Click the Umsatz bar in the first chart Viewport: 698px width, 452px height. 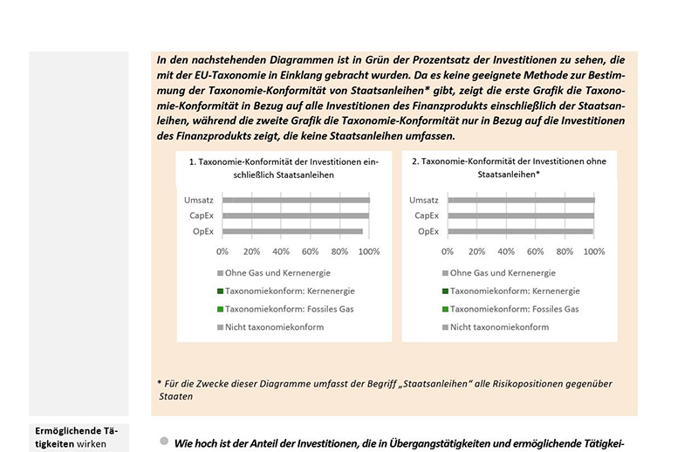tap(296, 201)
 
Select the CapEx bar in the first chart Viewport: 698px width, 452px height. tap(296, 216)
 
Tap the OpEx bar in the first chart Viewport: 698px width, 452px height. tap(292, 231)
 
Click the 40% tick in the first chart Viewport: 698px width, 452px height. tap(281, 251)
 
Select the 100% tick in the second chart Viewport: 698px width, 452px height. tap(594, 251)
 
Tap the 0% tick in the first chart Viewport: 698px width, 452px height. tap(222, 251)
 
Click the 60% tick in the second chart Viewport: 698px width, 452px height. tap(536, 251)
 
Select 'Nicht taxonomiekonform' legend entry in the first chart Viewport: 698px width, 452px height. tap(274, 327)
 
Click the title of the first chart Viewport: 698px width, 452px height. tap(276, 168)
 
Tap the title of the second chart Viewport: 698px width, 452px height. tap(508, 168)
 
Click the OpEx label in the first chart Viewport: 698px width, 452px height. tap(202, 231)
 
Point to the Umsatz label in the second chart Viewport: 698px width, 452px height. tap(424, 201)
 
